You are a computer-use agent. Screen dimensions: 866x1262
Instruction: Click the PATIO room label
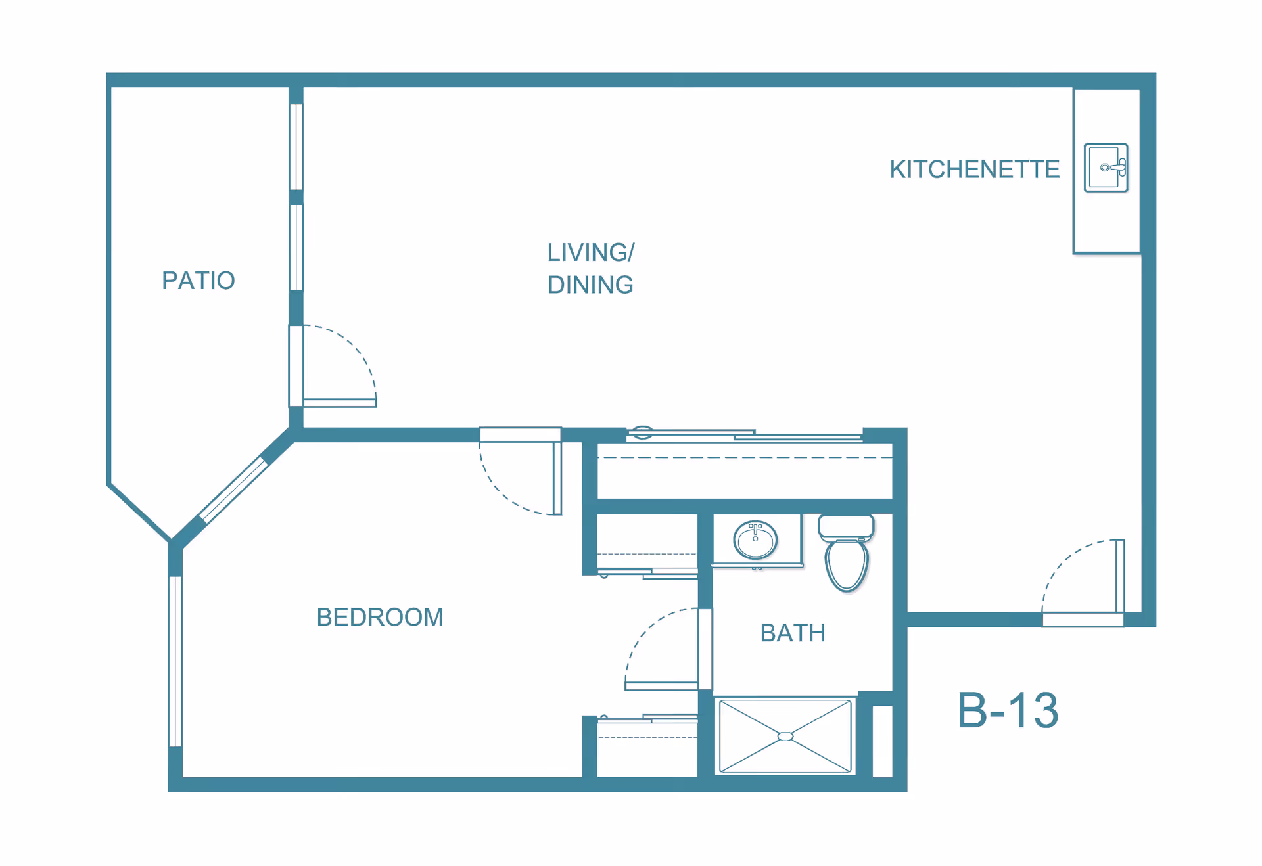(198, 281)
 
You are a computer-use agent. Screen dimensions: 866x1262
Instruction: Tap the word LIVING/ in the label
(590, 252)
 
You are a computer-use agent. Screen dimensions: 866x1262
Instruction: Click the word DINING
(590, 285)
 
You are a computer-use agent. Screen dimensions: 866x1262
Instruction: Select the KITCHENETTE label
(974, 170)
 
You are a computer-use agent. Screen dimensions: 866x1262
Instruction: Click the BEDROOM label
(380, 617)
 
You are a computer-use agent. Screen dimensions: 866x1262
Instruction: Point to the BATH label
(792, 633)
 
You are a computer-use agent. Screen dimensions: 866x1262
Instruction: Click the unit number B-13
(1007, 710)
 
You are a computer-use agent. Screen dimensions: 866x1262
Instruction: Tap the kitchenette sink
(1106, 168)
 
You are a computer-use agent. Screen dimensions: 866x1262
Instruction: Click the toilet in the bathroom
(847, 564)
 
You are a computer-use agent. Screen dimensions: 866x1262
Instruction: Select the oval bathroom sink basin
(755, 541)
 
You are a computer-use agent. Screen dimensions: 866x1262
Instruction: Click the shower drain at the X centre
(785, 737)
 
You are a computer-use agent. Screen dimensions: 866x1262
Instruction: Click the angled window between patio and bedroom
(233, 490)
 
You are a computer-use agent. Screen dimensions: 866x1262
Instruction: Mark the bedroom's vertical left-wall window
(175, 661)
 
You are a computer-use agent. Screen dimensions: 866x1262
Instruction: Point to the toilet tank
(846, 526)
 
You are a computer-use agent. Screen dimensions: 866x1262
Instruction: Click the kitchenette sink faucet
(1118, 168)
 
